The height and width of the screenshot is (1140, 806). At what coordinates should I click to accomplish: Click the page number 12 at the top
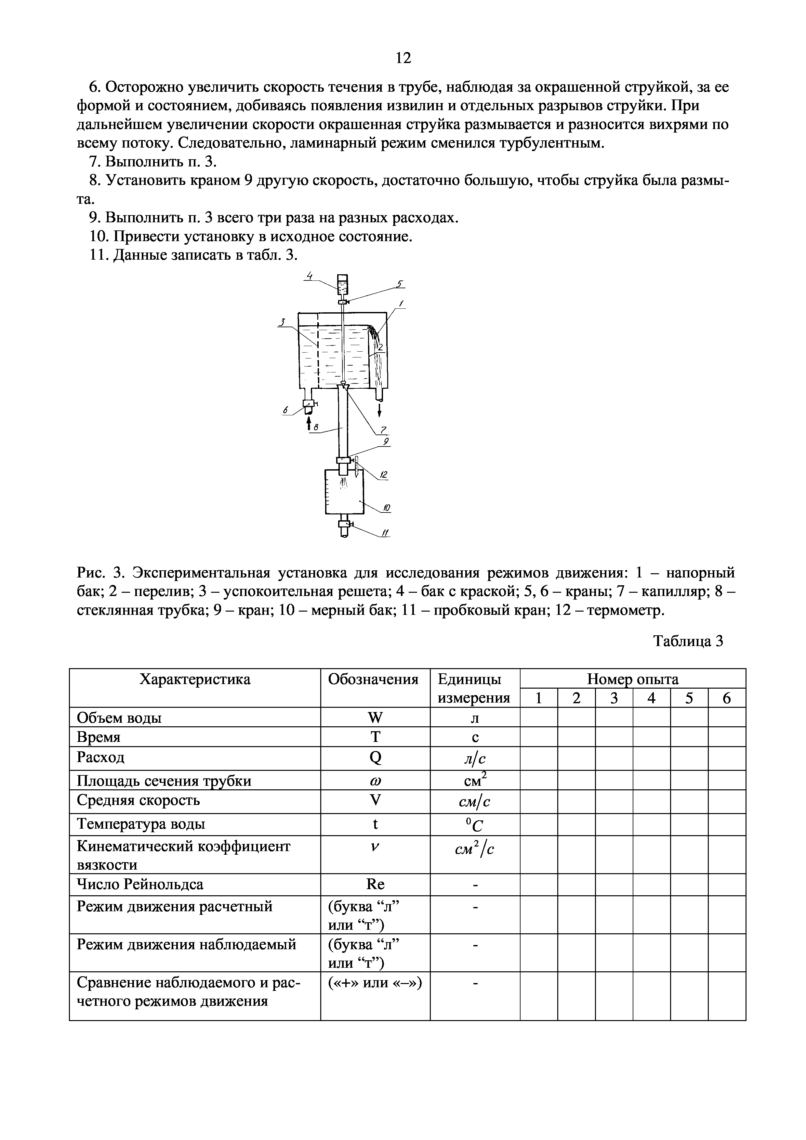(x=403, y=58)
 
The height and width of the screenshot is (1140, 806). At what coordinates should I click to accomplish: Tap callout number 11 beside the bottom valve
(x=385, y=533)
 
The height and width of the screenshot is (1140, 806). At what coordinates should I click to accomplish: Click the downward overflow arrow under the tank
(x=379, y=410)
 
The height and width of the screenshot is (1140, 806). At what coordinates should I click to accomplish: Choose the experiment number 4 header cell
(x=652, y=698)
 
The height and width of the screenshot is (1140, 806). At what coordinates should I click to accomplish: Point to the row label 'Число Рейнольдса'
(x=140, y=884)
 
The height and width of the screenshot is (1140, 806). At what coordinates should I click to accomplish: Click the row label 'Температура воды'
(x=141, y=824)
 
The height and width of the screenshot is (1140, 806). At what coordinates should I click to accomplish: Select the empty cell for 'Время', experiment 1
(x=539, y=737)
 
